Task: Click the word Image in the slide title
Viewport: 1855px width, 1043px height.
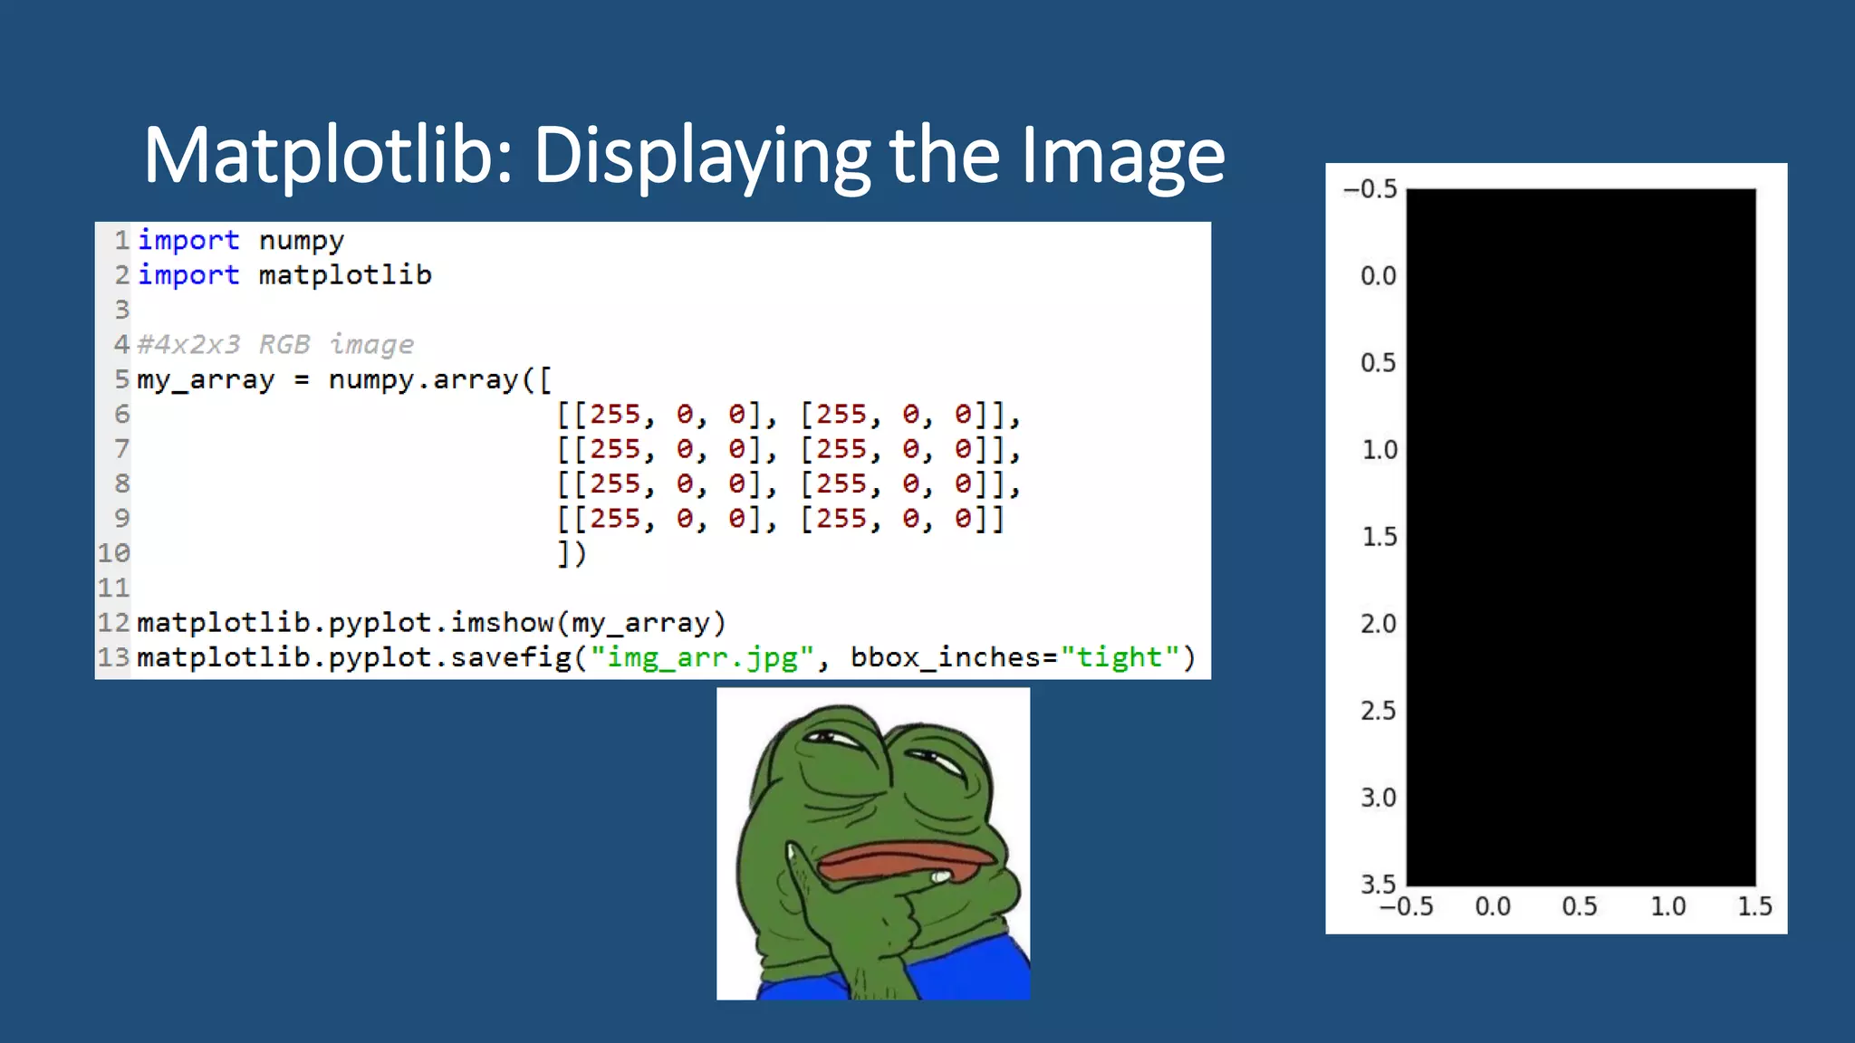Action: coord(1123,156)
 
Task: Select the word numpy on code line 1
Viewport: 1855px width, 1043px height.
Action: coord(301,241)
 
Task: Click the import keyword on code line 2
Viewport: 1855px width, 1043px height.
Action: coord(188,275)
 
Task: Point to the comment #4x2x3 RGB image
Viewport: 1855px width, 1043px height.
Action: coord(275,345)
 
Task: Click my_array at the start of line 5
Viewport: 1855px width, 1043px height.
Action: coord(206,379)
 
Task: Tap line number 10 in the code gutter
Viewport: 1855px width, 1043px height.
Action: coord(114,553)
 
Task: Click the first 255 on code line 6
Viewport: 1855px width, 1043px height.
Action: coord(615,415)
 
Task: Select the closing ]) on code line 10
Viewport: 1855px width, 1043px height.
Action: coord(572,553)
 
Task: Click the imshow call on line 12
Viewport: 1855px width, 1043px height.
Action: coord(502,623)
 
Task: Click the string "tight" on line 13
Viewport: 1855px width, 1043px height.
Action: coord(1120,657)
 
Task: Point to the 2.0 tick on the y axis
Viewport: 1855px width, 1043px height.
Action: coord(1379,624)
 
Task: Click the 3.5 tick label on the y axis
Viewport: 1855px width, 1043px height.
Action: coord(1379,884)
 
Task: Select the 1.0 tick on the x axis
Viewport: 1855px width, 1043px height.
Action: coord(1668,906)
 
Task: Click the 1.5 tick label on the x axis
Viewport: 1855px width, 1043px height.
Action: coord(1754,906)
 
